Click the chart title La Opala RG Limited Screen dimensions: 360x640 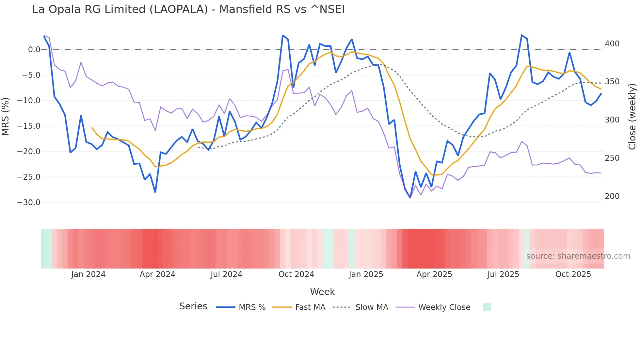[x=188, y=9]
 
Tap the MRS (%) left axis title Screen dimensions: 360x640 [x=5, y=116]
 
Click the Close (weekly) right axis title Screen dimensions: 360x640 [x=632, y=116]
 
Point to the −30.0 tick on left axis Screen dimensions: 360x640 [x=29, y=203]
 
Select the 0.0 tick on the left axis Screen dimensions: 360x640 [x=34, y=50]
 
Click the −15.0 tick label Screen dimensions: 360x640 [x=29, y=126]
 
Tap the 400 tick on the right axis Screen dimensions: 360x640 [x=612, y=43]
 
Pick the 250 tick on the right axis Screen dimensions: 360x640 [x=612, y=158]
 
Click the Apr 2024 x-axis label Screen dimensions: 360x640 [x=157, y=274]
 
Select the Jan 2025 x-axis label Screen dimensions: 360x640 [x=366, y=274]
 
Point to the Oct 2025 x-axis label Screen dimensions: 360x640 [x=573, y=274]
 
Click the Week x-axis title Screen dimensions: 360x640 [x=322, y=292]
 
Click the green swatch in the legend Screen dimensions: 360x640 [x=487, y=307]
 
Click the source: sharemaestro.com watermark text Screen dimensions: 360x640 [x=578, y=256]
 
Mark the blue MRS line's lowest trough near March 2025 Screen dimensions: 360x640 [x=410, y=198]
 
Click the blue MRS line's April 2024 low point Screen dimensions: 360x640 [x=155, y=192]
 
